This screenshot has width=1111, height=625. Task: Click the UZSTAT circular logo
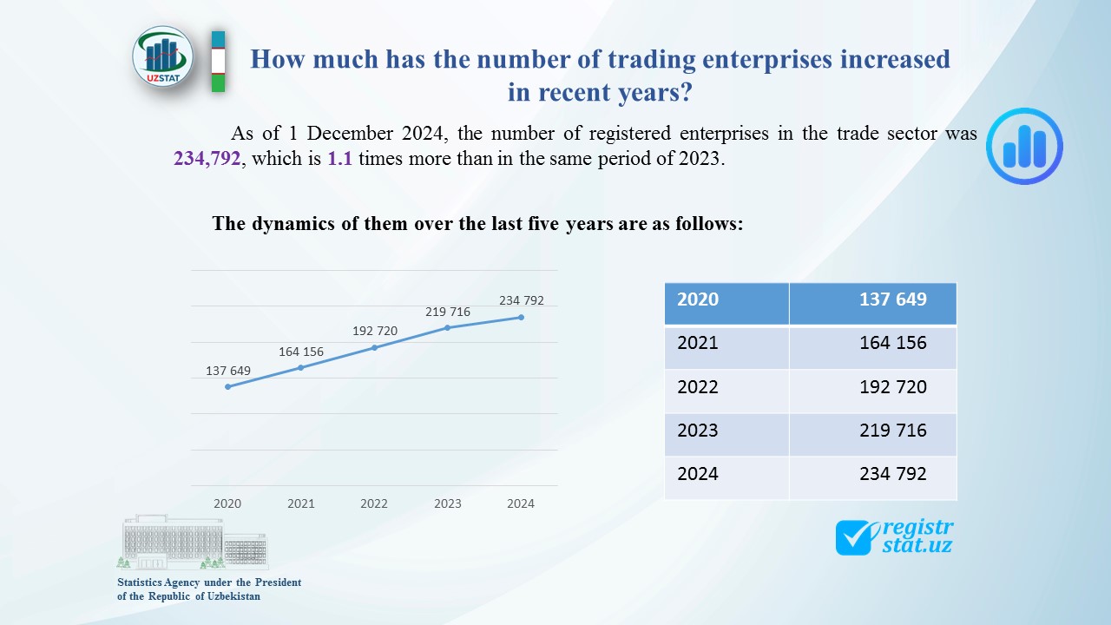pos(163,56)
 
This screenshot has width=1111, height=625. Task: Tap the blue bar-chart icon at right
pos(1024,146)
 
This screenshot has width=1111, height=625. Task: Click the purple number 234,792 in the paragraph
pos(207,159)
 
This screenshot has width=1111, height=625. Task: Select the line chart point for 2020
pos(227,386)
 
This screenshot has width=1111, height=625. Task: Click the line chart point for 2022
pos(374,347)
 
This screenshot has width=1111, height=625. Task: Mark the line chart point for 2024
pos(521,317)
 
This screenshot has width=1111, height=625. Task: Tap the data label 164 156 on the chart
pos(301,352)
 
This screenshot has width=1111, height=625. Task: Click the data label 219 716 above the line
pos(448,312)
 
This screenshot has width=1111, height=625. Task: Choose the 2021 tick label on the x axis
pos(301,503)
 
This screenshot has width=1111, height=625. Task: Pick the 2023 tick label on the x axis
pos(448,503)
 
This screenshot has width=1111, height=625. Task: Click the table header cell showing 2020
pos(698,299)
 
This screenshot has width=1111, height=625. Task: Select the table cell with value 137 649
pos(892,299)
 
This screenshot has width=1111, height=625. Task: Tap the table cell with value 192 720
pos(892,387)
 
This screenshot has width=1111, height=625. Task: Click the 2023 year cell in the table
pos(698,431)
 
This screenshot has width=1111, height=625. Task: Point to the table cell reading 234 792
pos(892,474)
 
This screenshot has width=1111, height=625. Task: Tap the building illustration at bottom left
pos(193,543)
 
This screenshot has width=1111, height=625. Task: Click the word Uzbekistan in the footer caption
pos(233,596)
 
